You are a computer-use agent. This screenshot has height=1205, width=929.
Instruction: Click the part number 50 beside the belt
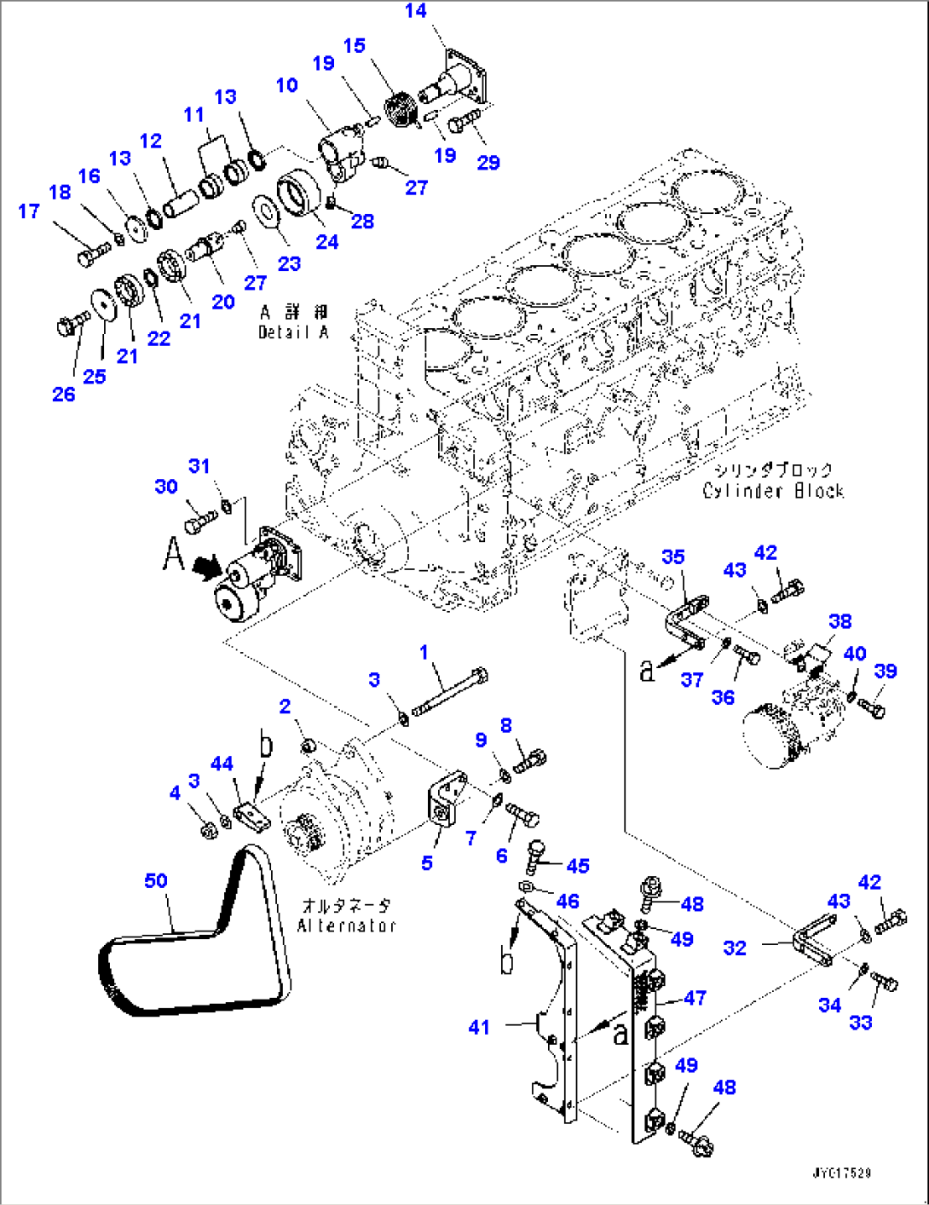pos(156,880)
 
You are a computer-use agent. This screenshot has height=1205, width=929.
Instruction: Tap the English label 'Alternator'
pos(346,925)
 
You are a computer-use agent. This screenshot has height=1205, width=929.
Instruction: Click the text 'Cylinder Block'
pos(773,491)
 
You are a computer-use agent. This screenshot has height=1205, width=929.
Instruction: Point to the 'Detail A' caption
pos(293,332)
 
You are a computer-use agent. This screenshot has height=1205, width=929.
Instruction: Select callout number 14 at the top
pos(415,11)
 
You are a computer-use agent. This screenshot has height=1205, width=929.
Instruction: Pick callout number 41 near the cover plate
pos(479,1028)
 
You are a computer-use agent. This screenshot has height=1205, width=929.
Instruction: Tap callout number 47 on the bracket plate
pos(695,997)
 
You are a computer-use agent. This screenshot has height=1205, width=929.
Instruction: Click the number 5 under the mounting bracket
pos(427,863)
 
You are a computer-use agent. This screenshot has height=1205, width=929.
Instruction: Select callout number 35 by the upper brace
pos(672,556)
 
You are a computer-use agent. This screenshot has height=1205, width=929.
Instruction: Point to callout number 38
pos(840,621)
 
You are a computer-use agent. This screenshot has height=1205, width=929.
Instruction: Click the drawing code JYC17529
pos(841,1173)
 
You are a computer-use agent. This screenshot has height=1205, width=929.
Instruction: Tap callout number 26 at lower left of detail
pos(64,394)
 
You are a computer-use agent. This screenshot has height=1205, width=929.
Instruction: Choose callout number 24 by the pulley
pos(327,242)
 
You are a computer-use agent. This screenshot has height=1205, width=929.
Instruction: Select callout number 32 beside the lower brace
pos(735,948)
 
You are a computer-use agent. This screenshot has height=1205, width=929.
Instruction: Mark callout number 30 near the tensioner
pos(166,487)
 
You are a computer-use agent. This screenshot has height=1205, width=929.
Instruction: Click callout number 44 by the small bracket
pos(222,764)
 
